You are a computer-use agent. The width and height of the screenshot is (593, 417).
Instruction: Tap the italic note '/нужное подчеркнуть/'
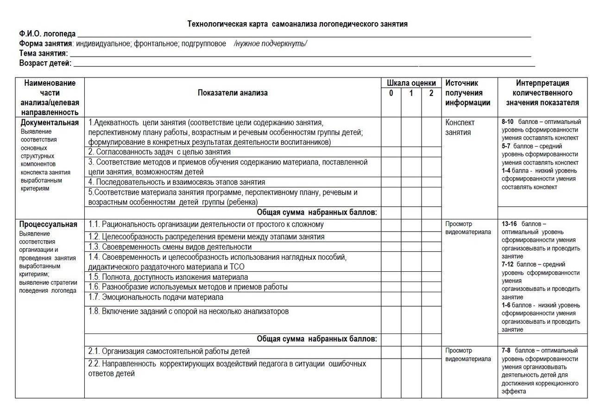pyautogui.click(x=271, y=44)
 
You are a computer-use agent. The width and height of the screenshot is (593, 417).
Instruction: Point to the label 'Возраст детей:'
pyautogui.click(x=45, y=63)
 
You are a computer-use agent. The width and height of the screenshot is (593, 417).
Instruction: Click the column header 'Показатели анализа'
pyautogui.click(x=233, y=93)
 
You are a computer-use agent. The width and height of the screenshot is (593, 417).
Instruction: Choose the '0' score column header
pyautogui.click(x=391, y=93)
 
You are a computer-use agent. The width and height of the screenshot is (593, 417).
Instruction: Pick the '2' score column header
pyautogui.click(x=431, y=93)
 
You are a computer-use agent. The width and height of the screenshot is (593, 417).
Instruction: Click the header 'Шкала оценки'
pyautogui.click(x=411, y=83)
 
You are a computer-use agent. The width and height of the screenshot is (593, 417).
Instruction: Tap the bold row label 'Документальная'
pyautogui.click(x=50, y=122)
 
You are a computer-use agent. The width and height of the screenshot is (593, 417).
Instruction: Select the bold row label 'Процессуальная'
pyautogui.click(x=49, y=225)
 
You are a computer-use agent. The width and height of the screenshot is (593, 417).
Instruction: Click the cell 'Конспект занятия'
pyautogui.click(x=460, y=127)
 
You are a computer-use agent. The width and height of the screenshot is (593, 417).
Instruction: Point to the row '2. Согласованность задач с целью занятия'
pyautogui.click(x=159, y=152)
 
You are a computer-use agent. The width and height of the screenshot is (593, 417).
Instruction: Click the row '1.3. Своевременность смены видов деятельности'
pyautogui.click(x=170, y=246)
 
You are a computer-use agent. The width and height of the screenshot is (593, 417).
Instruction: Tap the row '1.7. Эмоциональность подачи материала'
pyautogui.click(x=156, y=297)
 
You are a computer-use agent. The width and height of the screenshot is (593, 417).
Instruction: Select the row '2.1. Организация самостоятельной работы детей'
pyautogui.click(x=169, y=351)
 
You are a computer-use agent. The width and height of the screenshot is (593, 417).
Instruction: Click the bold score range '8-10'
pyautogui.click(x=508, y=122)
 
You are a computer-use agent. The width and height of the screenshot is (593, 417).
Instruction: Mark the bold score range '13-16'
pyautogui.click(x=510, y=224)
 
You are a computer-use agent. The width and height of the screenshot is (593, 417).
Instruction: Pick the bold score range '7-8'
pyautogui.click(x=506, y=350)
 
